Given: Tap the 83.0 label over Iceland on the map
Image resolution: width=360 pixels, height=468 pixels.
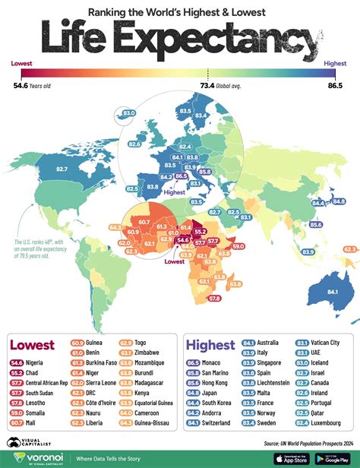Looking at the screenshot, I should [128, 113].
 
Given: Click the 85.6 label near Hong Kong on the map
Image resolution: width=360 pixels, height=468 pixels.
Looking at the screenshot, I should [315, 225].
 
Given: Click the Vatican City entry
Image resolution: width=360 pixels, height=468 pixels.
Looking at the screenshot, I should [330, 341].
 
